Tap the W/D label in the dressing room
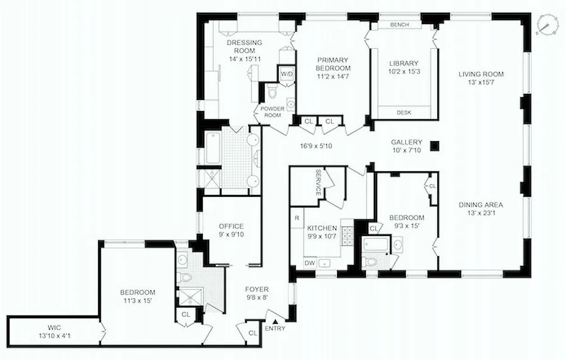click(x=286, y=73)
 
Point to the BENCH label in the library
click(x=399, y=25)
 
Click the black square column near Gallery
click(x=435, y=145)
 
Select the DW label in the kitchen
click(x=309, y=263)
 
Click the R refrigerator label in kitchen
click(x=297, y=217)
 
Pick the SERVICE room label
click(x=318, y=182)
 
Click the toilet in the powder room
click(x=272, y=92)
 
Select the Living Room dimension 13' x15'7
click(x=480, y=83)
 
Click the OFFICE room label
click(x=231, y=226)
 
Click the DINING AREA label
click(x=480, y=205)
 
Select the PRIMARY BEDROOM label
click(x=333, y=63)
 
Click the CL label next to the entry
click(x=253, y=333)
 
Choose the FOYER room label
click(x=257, y=289)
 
